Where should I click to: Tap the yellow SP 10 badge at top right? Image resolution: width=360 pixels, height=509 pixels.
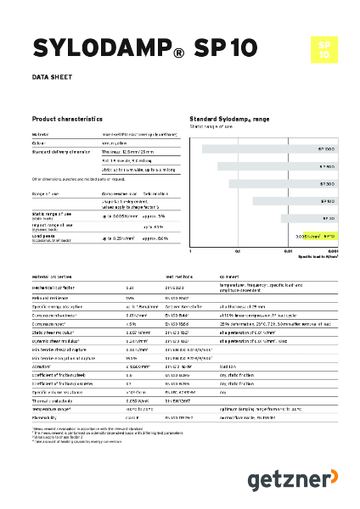pos(324,48)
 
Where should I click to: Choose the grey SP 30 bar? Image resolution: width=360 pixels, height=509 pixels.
pos(307,218)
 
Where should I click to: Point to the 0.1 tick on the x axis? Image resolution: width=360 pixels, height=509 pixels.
pos(239,251)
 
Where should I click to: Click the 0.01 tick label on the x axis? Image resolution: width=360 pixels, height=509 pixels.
pos(288,251)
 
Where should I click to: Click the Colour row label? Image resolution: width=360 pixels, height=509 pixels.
pos(39,143)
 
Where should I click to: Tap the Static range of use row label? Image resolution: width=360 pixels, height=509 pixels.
pos(50,215)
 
